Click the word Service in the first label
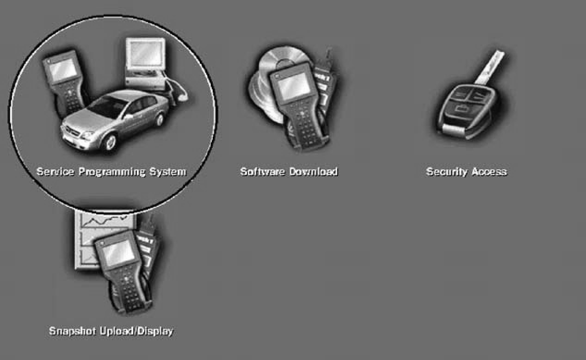(x=55, y=172)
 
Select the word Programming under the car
(x=112, y=172)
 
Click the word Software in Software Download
(x=263, y=172)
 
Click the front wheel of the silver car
(x=111, y=142)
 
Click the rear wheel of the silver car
(x=160, y=119)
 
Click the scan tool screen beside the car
(x=63, y=69)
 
